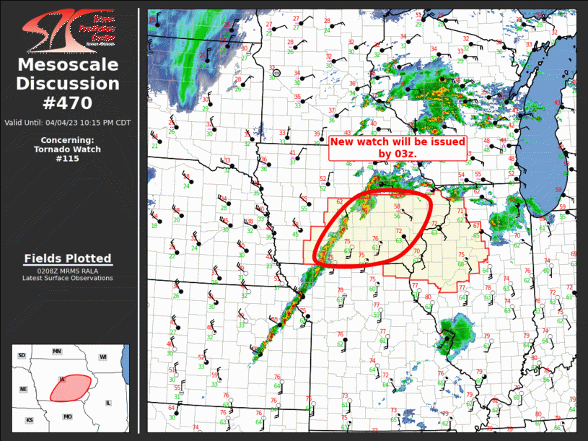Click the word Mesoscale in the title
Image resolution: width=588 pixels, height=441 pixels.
coord(67,66)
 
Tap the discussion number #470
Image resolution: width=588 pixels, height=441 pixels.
coord(67,102)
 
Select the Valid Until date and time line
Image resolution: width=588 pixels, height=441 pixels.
coord(67,122)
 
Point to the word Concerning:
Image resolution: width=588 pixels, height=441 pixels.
coord(67,140)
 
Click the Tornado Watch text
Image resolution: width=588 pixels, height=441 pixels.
coord(67,149)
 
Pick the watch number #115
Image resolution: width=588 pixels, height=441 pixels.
coord(67,159)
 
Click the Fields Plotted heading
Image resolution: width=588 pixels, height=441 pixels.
coord(67,258)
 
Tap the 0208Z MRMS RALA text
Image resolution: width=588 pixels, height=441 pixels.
coord(67,271)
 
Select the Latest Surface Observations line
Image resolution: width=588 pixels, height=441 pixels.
coord(67,278)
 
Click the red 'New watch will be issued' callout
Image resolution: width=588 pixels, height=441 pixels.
coord(398,148)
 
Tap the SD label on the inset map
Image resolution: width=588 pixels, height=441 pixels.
coord(22,356)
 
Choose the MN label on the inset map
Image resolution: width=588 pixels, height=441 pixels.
coord(57,351)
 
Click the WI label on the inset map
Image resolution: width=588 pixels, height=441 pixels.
coord(103,357)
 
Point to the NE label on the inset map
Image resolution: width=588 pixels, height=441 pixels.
coord(23,389)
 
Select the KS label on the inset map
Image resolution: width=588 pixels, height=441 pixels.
coord(30,419)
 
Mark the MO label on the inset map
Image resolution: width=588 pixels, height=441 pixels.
coord(68,416)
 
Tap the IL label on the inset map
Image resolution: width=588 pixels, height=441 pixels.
coord(108,402)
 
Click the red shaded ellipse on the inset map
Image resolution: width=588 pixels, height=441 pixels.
coord(69,388)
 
